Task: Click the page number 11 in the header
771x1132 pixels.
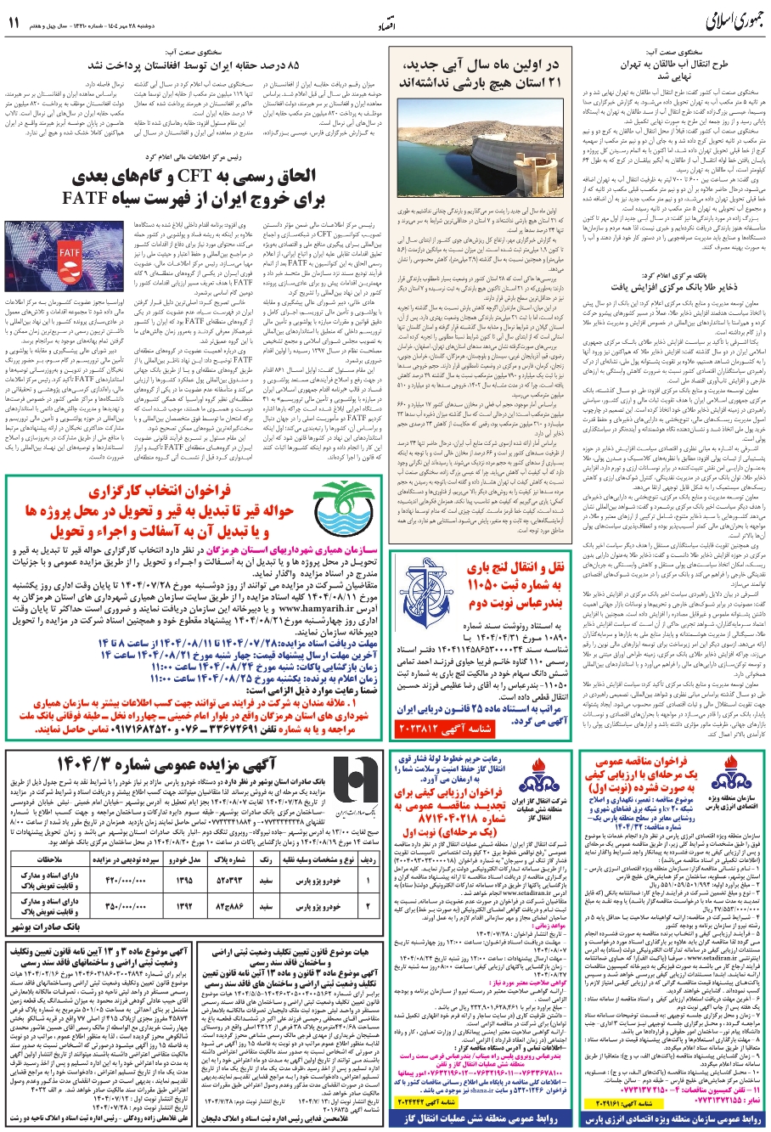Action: pyautogui.click(x=14, y=23)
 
